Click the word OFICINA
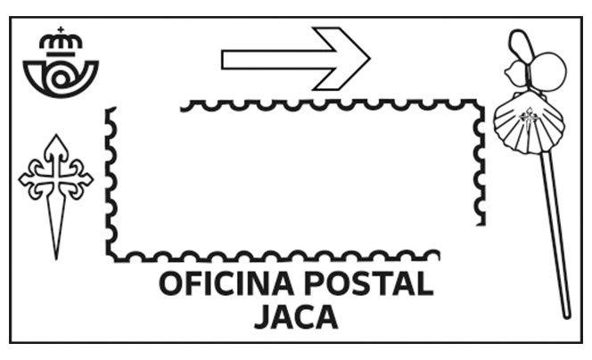click(x=226, y=283)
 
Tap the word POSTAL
click(x=368, y=283)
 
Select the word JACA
click(x=296, y=317)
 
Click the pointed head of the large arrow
click(x=369, y=59)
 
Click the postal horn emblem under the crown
click(x=61, y=78)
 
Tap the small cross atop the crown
click(x=61, y=29)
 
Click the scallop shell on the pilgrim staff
click(x=530, y=123)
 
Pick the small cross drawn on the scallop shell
click(x=529, y=116)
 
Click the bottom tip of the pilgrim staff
click(x=567, y=316)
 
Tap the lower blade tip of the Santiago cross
click(x=56, y=259)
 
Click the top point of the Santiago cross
click(x=56, y=135)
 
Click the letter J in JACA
click(x=263, y=317)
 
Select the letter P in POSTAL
click(x=313, y=283)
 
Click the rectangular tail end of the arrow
click(x=223, y=59)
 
